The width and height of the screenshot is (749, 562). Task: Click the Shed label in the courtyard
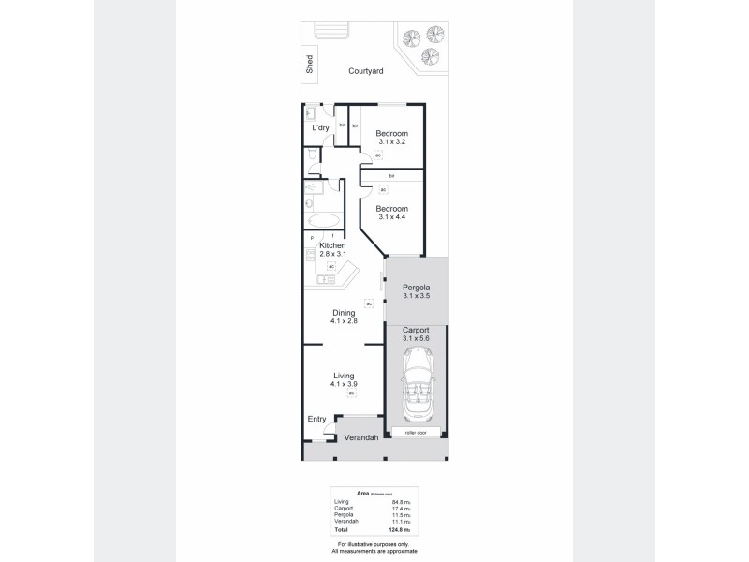(x=309, y=65)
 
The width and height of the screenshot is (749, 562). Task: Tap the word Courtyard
(x=364, y=70)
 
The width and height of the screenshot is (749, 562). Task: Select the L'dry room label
(x=320, y=127)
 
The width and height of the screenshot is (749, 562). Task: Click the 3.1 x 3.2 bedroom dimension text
(x=391, y=142)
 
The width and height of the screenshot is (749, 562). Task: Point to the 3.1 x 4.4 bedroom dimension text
(x=391, y=217)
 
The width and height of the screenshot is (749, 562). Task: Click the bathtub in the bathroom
(x=323, y=221)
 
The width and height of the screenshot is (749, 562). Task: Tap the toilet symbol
(x=311, y=155)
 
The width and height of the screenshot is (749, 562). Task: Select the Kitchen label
(x=332, y=245)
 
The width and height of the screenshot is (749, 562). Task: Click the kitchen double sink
(x=326, y=278)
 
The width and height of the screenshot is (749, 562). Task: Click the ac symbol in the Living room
(x=352, y=393)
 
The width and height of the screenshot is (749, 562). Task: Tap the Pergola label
(x=416, y=287)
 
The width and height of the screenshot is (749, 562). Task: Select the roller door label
(x=416, y=433)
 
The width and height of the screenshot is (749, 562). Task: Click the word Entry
(x=316, y=420)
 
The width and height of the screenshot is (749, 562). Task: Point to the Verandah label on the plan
(x=359, y=438)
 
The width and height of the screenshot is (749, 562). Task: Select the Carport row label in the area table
(x=343, y=509)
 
